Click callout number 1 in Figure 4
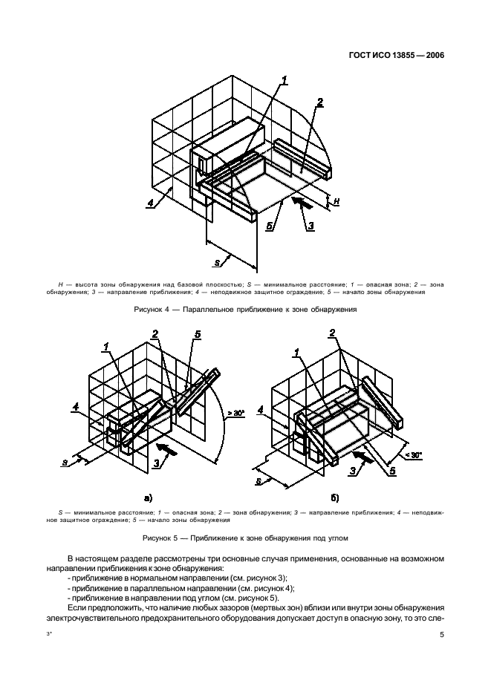click(284, 81)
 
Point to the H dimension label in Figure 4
click(336, 201)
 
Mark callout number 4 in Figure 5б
click(261, 409)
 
